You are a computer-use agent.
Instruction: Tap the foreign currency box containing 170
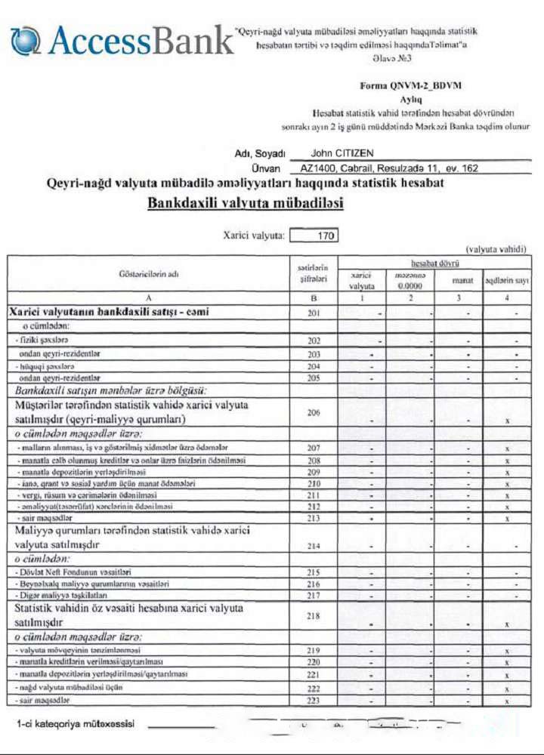pos(314,236)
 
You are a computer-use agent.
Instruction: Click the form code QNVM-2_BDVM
pos(412,87)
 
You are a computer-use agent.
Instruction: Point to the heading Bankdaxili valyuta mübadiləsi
pos(246,203)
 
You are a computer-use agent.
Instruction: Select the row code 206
pos(314,413)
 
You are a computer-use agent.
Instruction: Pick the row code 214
pos(314,544)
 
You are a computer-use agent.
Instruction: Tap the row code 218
pos(314,617)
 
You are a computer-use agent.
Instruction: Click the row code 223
pos(314,701)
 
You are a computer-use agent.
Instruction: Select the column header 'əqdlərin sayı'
pos(505,281)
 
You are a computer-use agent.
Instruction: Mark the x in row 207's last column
pos(506,448)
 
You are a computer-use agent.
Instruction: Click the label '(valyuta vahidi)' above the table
pos(496,249)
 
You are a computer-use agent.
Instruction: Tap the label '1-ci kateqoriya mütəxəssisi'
pos(76,724)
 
